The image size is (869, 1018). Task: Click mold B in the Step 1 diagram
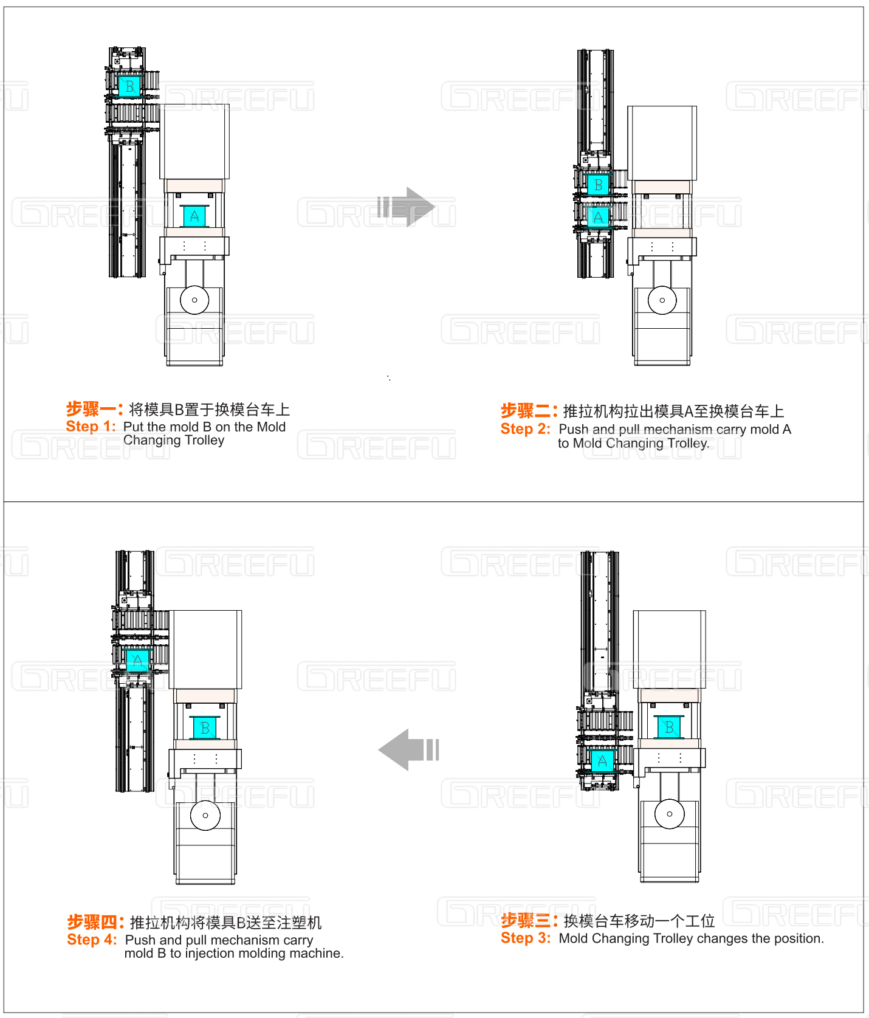(x=129, y=86)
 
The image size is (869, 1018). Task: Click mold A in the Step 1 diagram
(x=194, y=216)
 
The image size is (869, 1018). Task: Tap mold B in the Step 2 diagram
(x=598, y=184)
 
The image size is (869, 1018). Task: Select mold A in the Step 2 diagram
(x=598, y=217)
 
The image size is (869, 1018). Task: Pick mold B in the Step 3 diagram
(x=669, y=727)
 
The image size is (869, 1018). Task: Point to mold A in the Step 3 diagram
(x=602, y=761)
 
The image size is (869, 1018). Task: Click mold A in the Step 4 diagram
(x=137, y=660)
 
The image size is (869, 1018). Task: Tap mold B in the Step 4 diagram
(x=205, y=727)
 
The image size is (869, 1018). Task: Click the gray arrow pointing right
(x=406, y=207)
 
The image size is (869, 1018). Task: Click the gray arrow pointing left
(x=408, y=750)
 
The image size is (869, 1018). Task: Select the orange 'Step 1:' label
(x=91, y=427)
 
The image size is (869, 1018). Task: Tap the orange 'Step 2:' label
(x=525, y=429)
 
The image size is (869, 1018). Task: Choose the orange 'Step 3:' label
(x=526, y=938)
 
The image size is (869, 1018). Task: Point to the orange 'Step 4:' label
(x=92, y=940)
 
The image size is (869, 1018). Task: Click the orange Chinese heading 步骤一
(x=94, y=409)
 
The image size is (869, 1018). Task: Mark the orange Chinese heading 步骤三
(x=529, y=921)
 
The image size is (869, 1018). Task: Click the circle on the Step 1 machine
(x=194, y=300)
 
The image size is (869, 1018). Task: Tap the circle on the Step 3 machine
(x=670, y=814)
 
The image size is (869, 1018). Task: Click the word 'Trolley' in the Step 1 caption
(x=204, y=441)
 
